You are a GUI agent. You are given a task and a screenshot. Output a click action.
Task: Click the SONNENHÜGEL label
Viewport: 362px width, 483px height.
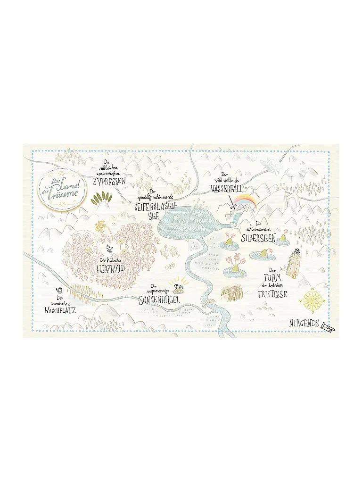[159, 300]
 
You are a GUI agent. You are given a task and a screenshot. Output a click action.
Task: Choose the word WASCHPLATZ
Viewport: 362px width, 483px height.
[61, 310]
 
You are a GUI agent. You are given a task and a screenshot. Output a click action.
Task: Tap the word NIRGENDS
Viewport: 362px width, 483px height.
[304, 324]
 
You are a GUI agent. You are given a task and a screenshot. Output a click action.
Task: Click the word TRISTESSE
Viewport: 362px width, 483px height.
[272, 293]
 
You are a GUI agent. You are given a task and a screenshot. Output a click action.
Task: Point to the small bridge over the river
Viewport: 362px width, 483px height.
[206, 302]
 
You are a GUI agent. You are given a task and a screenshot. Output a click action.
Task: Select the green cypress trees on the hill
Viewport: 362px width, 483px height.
[100, 200]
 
